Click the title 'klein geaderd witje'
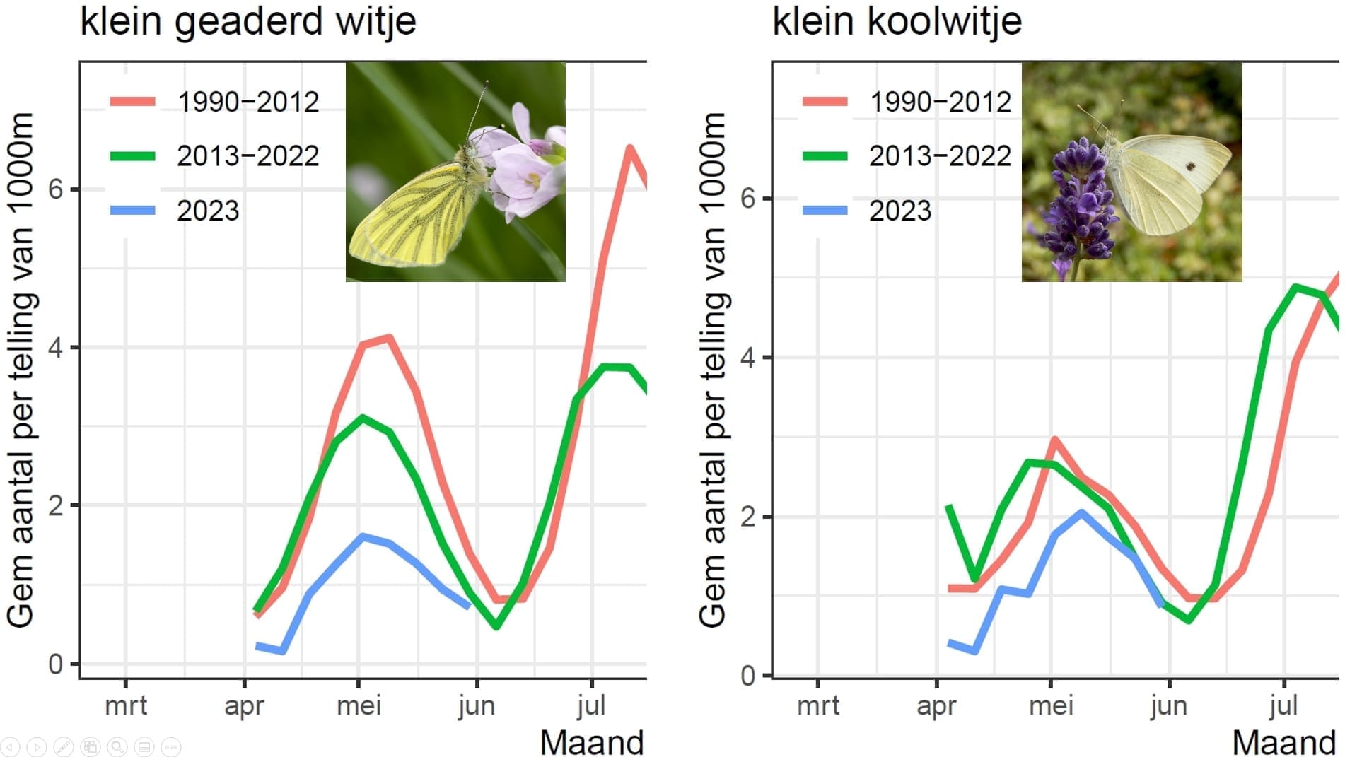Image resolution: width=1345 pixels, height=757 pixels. (248, 20)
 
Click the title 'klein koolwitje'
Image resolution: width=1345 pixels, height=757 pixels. (897, 20)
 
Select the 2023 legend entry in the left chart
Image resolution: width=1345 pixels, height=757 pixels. (208, 211)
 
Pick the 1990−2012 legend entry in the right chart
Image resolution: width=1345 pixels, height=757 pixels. (940, 102)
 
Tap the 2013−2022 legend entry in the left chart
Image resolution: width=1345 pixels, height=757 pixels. (248, 156)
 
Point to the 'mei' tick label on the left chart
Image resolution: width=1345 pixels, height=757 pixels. (359, 705)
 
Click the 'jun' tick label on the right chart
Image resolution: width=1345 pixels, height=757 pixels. (1168, 705)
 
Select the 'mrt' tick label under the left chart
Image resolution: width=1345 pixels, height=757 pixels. (126, 705)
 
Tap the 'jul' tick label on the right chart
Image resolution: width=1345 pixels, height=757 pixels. (1283, 705)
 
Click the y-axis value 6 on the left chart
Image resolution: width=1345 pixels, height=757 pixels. (56, 189)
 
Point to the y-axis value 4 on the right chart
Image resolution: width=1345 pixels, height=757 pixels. (747, 357)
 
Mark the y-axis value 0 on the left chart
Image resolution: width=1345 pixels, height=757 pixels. (56, 664)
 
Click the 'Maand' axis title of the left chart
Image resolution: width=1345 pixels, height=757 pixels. (592, 742)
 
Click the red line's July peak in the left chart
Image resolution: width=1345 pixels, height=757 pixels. (629, 148)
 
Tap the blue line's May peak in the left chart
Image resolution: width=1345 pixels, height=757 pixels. (362, 536)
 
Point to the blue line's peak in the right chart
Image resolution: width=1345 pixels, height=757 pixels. (1081, 512)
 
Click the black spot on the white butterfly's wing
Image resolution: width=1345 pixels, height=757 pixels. (1190, 167)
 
